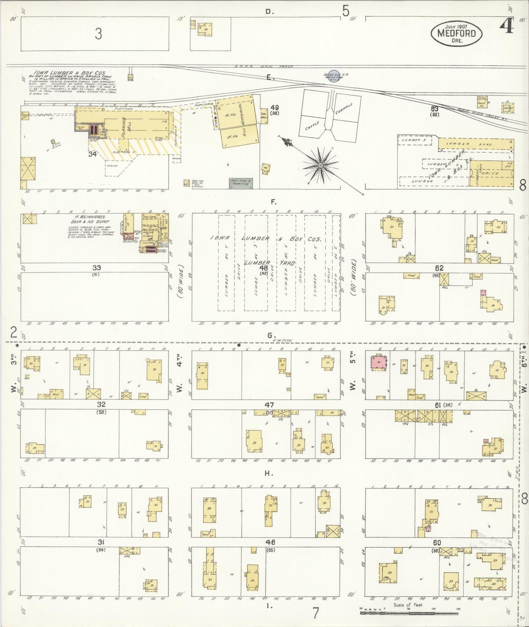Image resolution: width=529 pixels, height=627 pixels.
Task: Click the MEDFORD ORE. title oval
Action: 455,33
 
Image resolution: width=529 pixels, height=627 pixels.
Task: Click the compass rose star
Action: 321,166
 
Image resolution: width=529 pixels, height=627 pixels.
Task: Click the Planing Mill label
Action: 126,126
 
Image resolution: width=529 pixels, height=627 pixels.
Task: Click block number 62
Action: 439,267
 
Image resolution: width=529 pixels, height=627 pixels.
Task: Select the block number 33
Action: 97,268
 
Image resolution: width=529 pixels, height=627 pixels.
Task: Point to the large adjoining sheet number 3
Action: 98,34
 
